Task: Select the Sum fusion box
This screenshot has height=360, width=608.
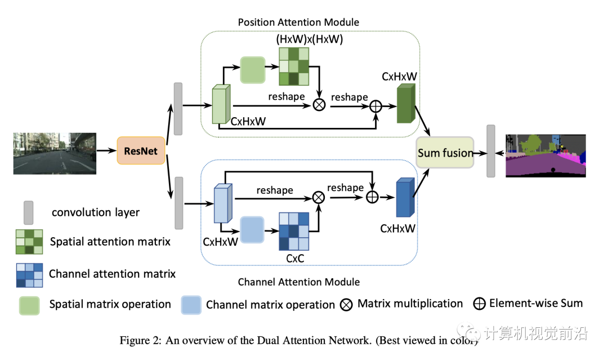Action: click(445, 152)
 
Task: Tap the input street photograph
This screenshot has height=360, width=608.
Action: click(55, 153)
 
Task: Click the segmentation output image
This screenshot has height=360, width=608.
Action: click(546, 155)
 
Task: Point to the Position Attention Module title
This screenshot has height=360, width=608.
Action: click(298, 22)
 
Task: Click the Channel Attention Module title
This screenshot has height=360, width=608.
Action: click(298, 281)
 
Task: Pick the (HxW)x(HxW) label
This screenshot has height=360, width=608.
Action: click(309, 39)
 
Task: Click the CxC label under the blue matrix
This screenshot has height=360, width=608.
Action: click(295, 259)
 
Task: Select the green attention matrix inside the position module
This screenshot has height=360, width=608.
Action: click(294, 66)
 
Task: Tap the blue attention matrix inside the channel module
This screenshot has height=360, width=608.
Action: click(294, 232)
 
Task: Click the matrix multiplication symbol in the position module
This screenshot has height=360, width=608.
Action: click(319, 105)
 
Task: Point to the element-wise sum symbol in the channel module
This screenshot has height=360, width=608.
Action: click(372, 197)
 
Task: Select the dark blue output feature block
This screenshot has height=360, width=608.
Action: click(405, 197)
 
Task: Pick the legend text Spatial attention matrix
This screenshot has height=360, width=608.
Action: click(110, 242)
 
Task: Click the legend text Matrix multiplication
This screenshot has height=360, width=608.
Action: click(410, 304)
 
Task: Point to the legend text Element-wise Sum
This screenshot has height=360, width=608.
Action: click(535, 303)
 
